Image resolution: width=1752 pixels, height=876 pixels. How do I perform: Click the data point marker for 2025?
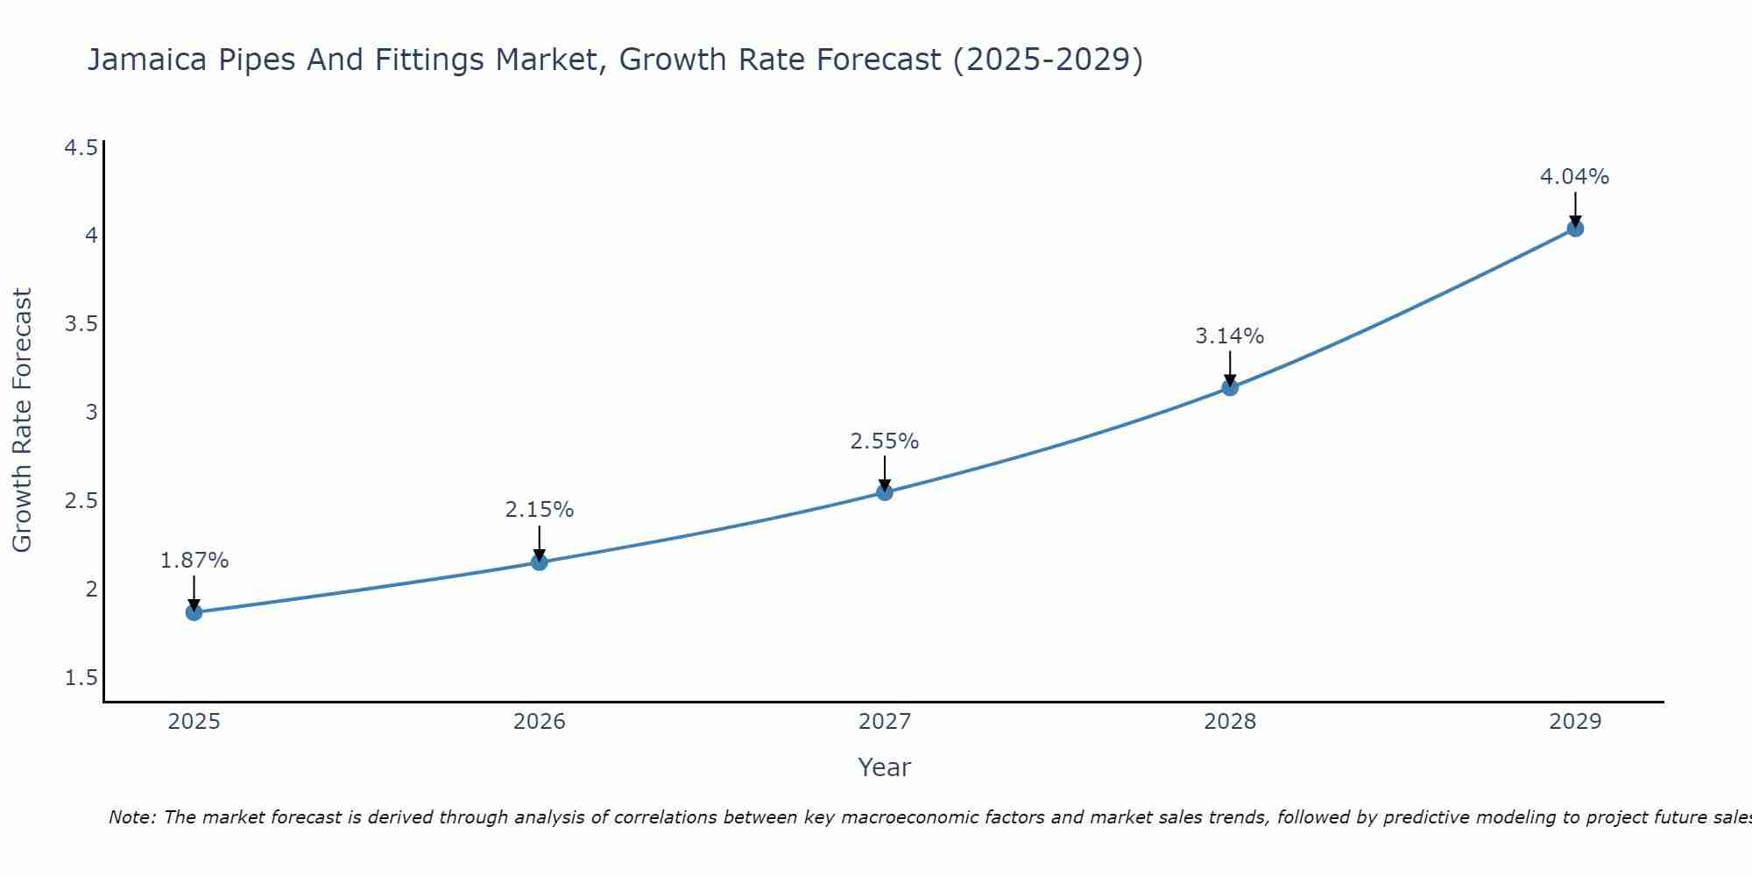pyautogui.click(x=194, y=612)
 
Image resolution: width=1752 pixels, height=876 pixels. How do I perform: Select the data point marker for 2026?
pyautogui.click(x=540, y=562)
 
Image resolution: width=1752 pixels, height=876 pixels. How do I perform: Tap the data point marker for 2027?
pyautogui.click(x=885, y=492)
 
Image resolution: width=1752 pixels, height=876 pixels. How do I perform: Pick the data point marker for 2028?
pyautogui.click(x=1230, y=387)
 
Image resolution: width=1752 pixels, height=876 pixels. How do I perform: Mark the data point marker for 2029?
pyautogui.click(x=1575, y=229)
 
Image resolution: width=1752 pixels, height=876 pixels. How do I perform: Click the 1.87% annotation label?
pyautogui.click(x=194, y=561)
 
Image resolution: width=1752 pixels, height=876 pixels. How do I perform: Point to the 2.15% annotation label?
pyautogui.click(x=540, y=510)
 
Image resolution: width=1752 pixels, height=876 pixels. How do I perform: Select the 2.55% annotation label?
pyautogui.click(x=885, y=442)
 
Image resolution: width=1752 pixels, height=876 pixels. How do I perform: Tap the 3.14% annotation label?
pyautogui.click(x=1230, y=336)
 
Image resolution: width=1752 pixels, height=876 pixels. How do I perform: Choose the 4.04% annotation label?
pyautogui.click(x=1575, y=177)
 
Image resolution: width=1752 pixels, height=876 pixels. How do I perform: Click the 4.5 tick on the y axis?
pyautogui.click(x=81, y=147)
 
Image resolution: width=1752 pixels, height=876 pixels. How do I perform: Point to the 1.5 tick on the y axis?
pyautogui.click(x=81, y=678)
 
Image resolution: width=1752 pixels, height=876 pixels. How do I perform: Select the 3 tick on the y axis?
pyautogui.click(x=91, y=412)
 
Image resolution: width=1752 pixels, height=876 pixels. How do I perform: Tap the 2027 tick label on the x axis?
pyautogui.click(x=885, y=722)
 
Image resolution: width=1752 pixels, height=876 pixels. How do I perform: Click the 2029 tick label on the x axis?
pyautogui.click(x=1575, y=722)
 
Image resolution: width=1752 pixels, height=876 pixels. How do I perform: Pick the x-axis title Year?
pyautogui.click(x=885, y=767)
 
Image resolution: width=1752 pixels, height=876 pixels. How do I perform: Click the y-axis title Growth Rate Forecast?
pyautogui.click(x=23, y=420)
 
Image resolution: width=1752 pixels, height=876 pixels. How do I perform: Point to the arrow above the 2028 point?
pyautogui.click(x=1230, y=368)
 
